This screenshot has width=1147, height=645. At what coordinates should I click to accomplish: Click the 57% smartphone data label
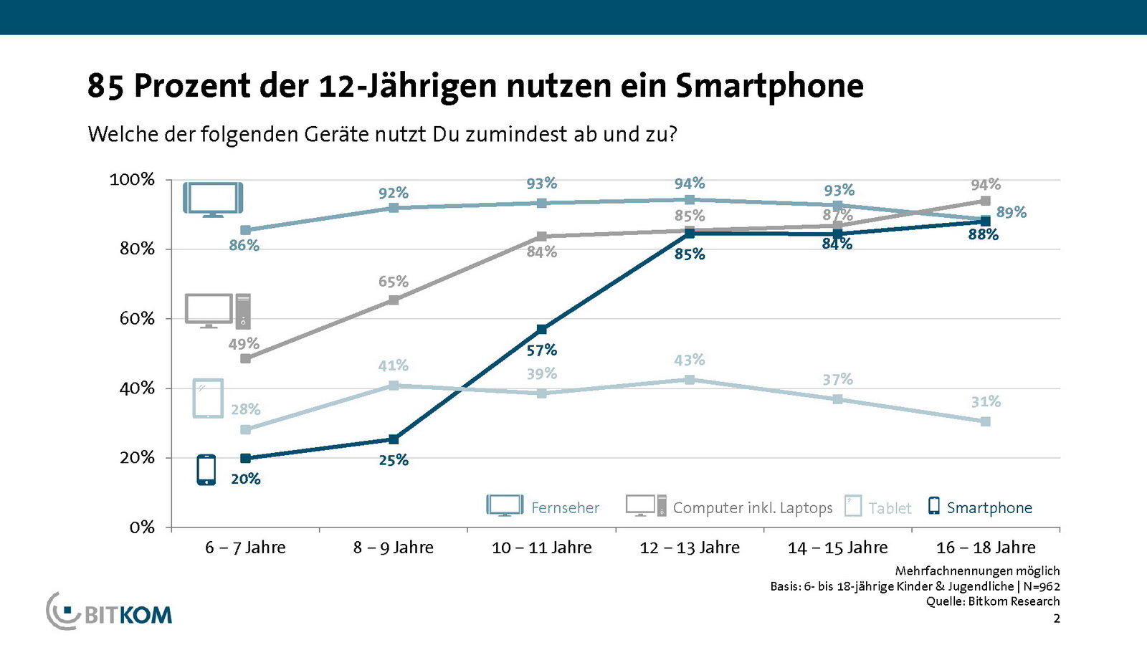[x=541, y=350]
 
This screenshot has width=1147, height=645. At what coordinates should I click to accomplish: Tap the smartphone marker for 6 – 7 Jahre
[x=246, y=459]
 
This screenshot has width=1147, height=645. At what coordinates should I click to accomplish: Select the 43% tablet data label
[x=690, y=360]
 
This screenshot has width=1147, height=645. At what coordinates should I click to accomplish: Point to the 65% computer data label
[x=393, y=282]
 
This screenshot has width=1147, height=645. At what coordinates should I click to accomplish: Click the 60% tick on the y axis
[x=137, y=318]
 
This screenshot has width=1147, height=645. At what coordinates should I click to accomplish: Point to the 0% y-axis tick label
[x=142, y=527]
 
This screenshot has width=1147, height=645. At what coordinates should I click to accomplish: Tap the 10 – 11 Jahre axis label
[x=541, y=548]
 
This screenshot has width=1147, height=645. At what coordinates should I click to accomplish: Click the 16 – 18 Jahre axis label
[x=986, y=548]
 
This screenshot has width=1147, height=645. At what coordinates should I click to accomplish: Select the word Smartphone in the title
[x=769, y=86]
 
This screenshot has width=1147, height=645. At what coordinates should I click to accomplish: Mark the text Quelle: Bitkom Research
[x=992, y=601]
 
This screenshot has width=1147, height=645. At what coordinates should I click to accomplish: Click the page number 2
[x=1056, y=618]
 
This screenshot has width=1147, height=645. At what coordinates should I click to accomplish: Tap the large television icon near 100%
[x=213, y=199]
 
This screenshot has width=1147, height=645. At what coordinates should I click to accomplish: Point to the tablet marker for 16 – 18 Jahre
[x=986, y=422]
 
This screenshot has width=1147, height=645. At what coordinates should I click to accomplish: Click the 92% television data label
[x=393, y=193]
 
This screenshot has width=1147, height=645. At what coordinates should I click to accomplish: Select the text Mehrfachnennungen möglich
[x=977, y=570]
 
